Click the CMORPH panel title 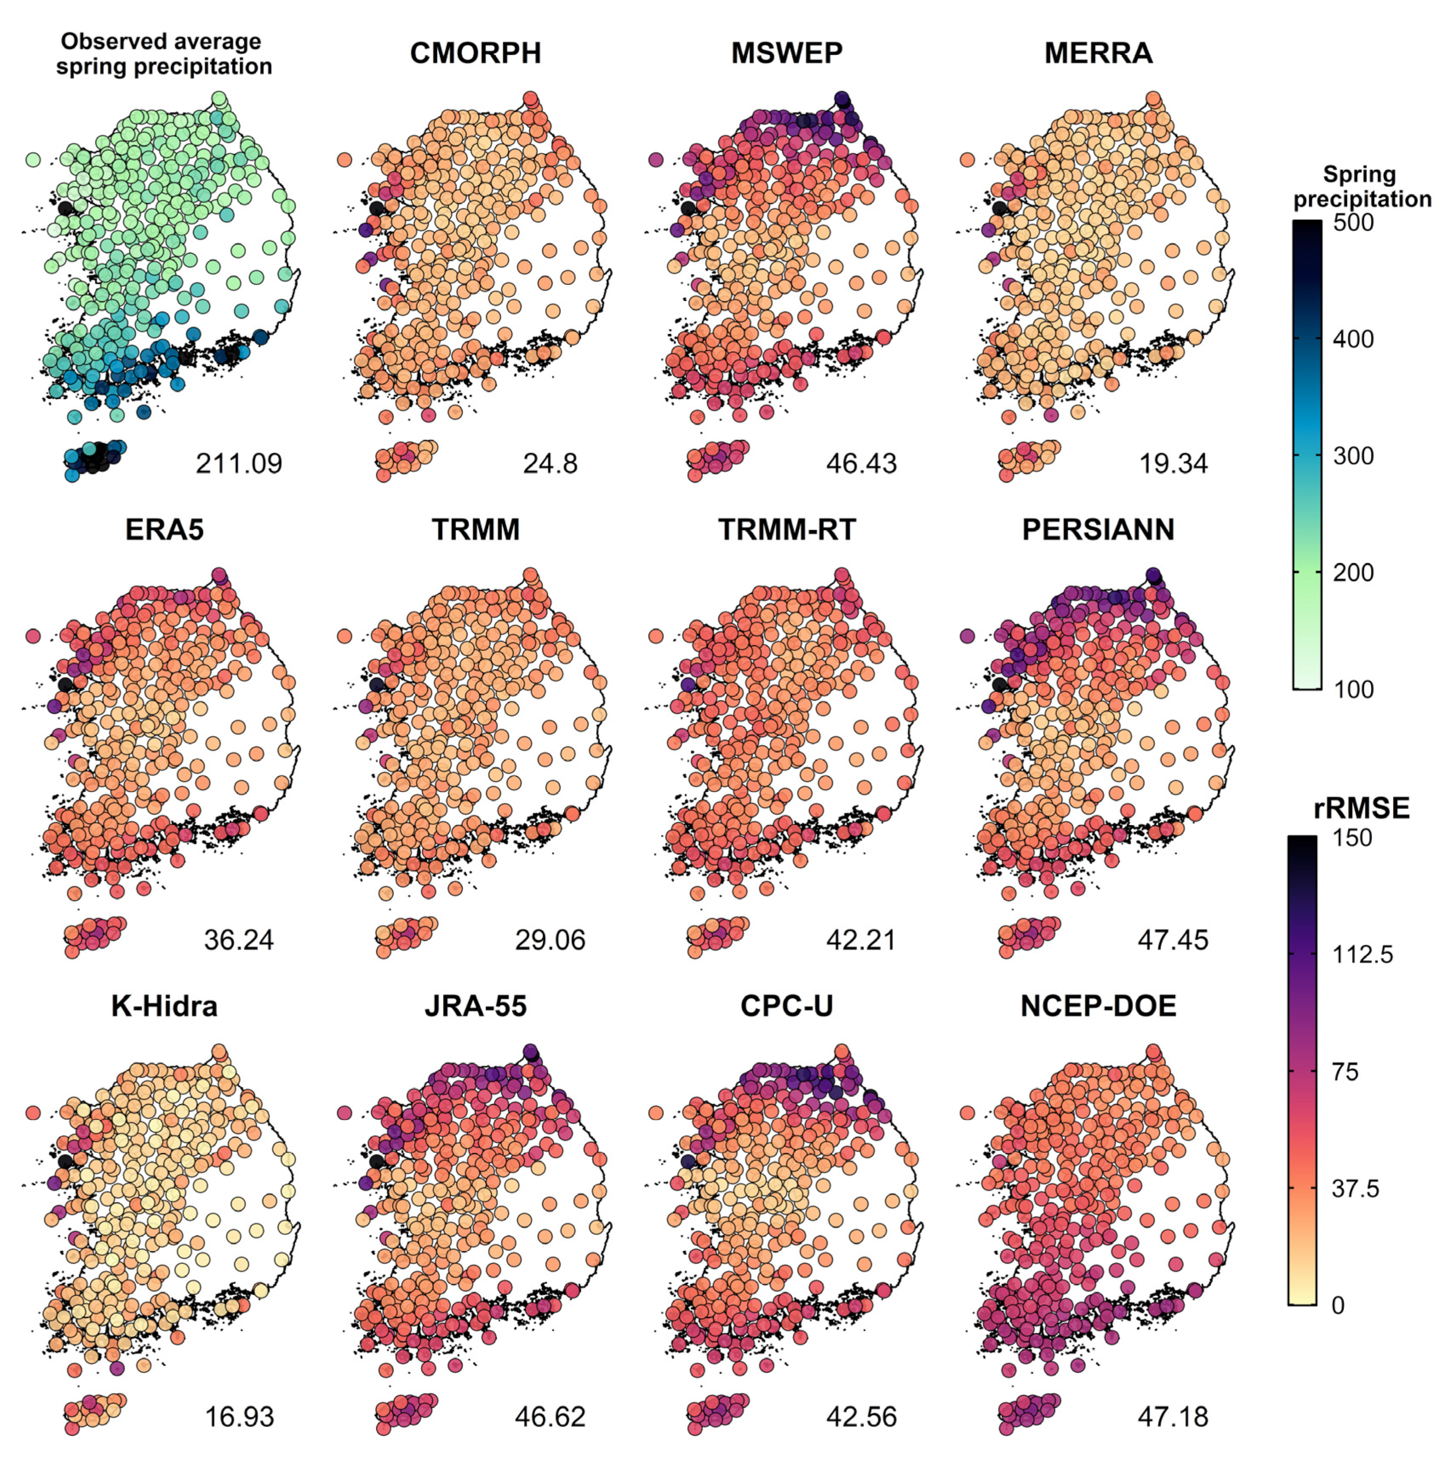click(475, 53)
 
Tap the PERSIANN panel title click(1097, 529)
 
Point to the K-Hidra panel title click(164, 1006)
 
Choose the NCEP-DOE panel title click(1098, 1006)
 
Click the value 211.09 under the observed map click(239, 464)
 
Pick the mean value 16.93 click(239, 1416)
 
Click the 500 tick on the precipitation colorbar click(1353, 223)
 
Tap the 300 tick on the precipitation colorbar click(1353, 456)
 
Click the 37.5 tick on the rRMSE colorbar click(1355, 1189)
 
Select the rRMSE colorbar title click(1361, 808)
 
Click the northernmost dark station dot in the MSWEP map click(841, 98)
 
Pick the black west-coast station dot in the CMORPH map click(376, 208)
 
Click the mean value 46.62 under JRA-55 click(550, 1416)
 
